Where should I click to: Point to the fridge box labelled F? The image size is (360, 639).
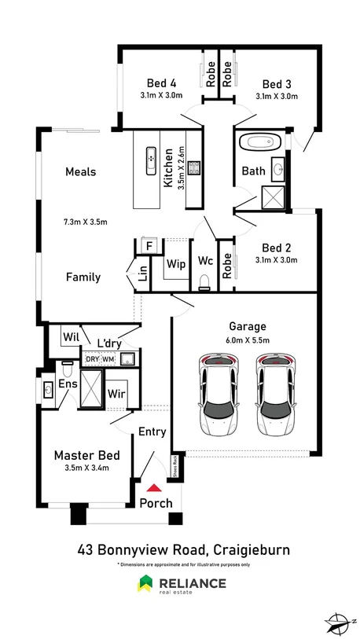pos(147,246)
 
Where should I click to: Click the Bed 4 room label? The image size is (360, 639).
pos(161,83)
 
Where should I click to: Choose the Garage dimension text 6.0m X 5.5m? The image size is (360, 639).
pos(248,340)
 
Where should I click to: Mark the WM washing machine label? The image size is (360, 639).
pos(108,359)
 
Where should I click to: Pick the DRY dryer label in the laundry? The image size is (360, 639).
pos(92,359)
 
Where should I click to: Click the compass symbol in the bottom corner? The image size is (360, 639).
pos(338,620)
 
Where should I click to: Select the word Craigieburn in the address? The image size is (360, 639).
pos(246,549)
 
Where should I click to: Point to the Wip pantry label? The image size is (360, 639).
pos(177,265)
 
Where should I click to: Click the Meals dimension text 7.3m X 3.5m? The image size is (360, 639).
pos(85,222)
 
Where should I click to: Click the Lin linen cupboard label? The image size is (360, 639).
pos(143,273)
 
